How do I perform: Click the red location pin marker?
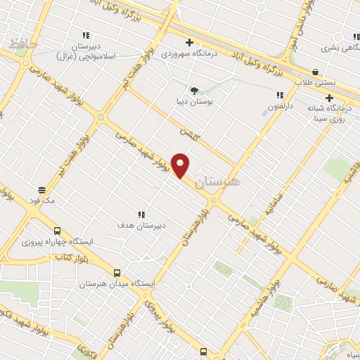point(181,165)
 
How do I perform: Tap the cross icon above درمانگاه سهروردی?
point(189,42)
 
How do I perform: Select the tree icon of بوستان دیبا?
point(194,90)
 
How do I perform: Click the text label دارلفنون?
point(279,106)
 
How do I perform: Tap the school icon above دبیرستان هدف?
point(141,214)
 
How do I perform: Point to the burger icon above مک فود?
point(42,190)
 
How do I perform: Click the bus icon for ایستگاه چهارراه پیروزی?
point(57,231)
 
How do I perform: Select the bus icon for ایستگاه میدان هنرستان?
point(117,273)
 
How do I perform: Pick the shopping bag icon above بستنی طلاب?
point(314,72)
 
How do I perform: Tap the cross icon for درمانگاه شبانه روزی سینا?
point(329,98)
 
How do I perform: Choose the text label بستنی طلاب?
point(335,82)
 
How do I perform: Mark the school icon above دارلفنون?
point(280,95)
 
